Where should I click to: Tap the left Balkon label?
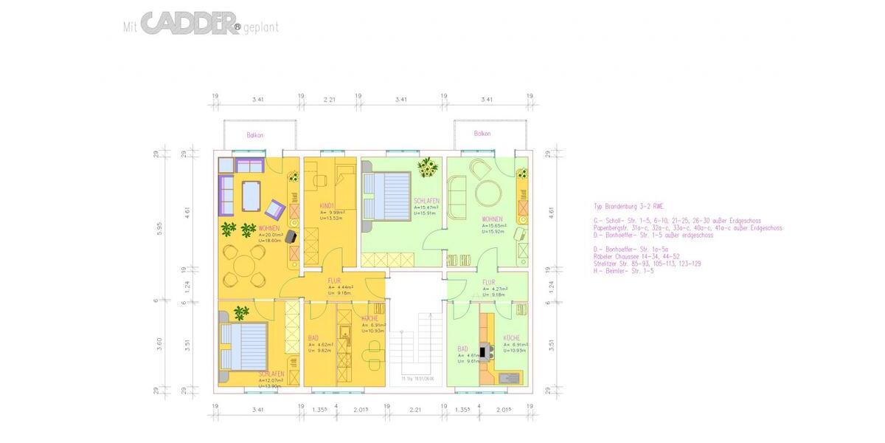click(x=255, y=135)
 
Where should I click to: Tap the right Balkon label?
click(x=482, y=134)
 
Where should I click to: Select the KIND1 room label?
click(x=327, y=205)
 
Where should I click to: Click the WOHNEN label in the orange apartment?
click(x=269, y=228)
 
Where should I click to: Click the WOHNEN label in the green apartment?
click(x=493, y=219)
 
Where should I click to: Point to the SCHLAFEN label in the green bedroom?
click(x=426, y=201)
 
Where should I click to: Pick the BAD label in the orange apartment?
click(x=313, y=338)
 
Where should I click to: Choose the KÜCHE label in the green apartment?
click(x=512, y=338)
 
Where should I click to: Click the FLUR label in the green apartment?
click(x=489, y=282)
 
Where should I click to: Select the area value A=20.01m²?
click(x=271, y=236)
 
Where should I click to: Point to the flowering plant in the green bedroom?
click(x=426, y=168)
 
